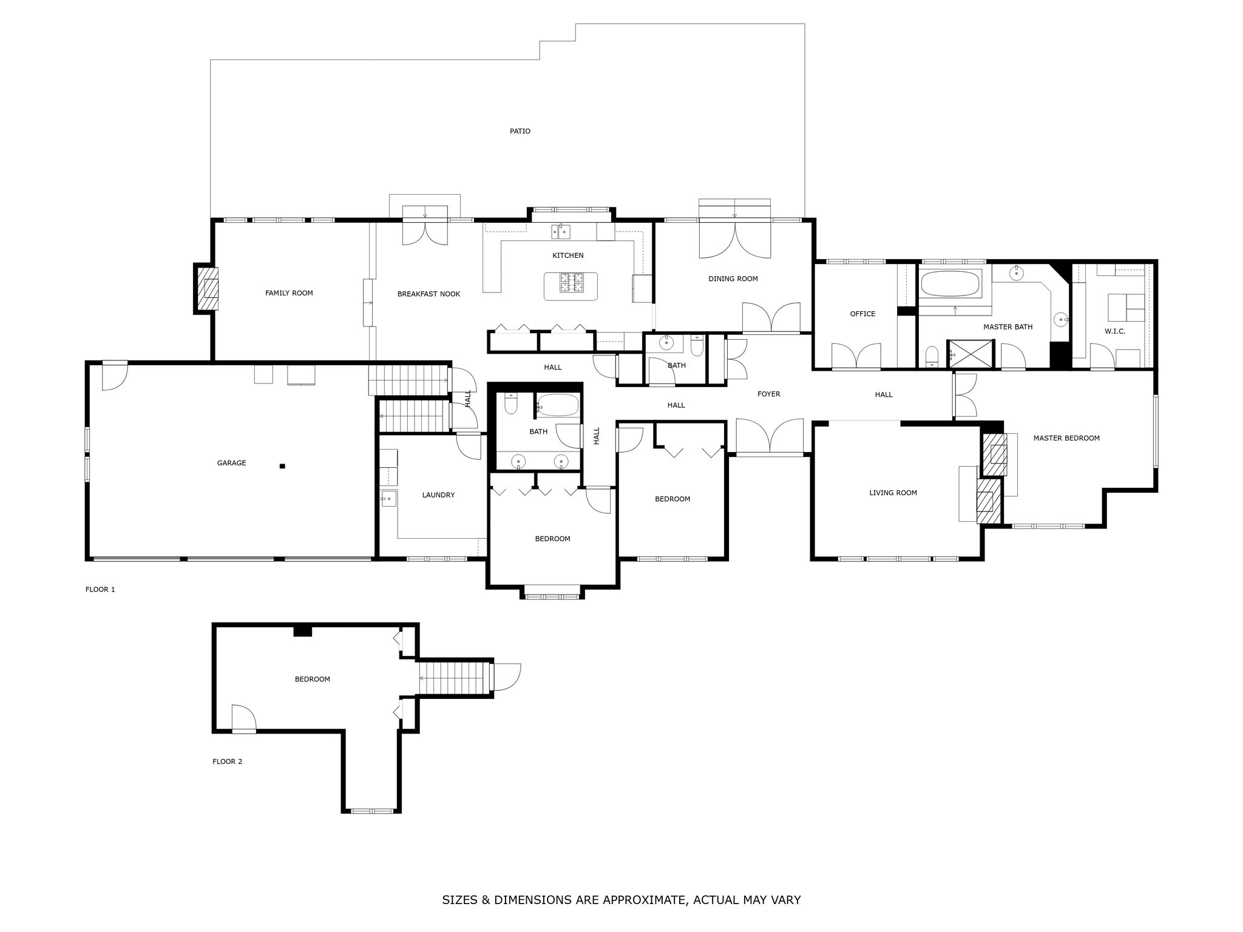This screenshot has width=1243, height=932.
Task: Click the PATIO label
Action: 520,131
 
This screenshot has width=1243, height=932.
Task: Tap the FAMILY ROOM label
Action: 289,293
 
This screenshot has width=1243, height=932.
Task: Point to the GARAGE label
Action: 232,463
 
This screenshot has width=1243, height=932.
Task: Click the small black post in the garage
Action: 282,466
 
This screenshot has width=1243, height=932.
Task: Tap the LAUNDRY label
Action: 438,495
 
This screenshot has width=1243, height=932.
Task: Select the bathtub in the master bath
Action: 950,284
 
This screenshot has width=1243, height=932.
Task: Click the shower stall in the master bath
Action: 971,354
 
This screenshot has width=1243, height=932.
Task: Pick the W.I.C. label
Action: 1115,331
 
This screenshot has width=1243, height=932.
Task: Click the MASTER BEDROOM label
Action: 1066,438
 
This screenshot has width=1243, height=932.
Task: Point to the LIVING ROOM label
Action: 893,493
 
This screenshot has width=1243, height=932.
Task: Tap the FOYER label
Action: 768,394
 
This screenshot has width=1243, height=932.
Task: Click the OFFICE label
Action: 862,314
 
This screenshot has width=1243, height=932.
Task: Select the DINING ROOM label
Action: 733,279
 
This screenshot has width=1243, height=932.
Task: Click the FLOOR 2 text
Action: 227,761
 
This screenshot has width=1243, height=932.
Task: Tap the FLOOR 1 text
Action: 100,589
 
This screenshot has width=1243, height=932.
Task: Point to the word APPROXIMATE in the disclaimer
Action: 644,900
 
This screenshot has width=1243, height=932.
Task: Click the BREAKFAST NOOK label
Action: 428,294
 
